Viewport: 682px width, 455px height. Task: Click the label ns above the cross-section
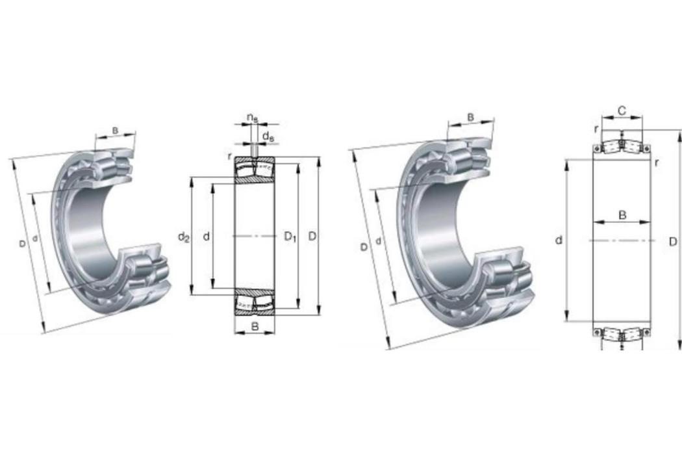click(x=252, y=118)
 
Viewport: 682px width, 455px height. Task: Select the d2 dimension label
click(x=184, y=237)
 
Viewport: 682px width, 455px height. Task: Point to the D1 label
click(x=290, y=237)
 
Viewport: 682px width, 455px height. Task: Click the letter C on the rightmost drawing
click(x=622, y=111)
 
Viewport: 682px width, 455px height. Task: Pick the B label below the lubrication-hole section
click(x=255, y=326)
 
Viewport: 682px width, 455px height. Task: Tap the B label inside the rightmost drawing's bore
click(x=622, y=215)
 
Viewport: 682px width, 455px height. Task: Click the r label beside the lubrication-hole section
click(x=229, y=157)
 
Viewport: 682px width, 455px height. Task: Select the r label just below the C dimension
click(x=596, y=129)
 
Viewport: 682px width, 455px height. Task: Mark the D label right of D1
click(x=312, y=237)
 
